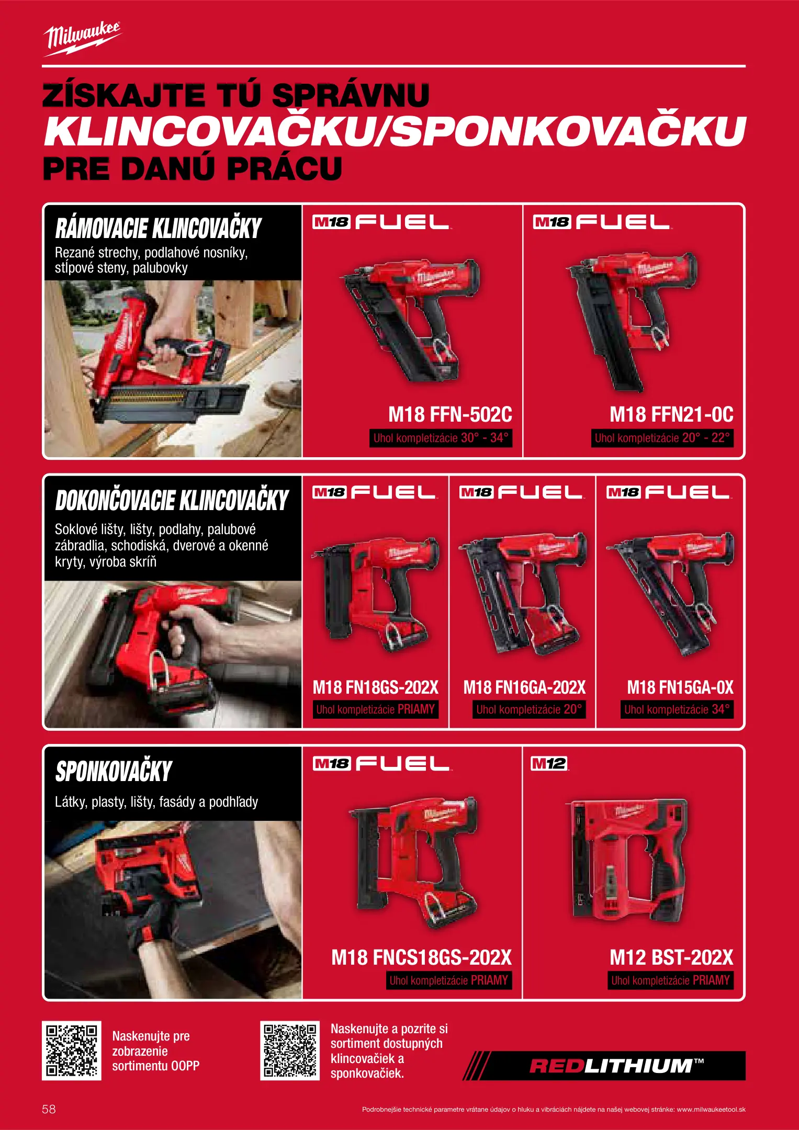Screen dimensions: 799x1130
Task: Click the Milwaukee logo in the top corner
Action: click(82, 39)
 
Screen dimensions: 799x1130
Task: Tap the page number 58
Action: click(49, 1109)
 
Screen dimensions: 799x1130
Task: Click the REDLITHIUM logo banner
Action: click(604, 1066)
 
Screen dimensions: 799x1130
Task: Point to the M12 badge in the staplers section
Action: click(549, 764)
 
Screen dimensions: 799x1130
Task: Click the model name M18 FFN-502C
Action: click(450, 415)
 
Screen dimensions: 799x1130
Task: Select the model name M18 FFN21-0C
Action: click(671, 415)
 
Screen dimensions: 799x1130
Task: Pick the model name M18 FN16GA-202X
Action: click(524, 687)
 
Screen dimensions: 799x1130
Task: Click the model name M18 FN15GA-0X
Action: click(680, 687)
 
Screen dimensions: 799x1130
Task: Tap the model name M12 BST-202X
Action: click(671, 957)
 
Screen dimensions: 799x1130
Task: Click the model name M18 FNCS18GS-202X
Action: click(422, 957)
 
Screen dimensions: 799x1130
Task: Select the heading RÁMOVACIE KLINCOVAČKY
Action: click(158, 228)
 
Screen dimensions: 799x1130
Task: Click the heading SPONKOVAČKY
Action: click(114, 771)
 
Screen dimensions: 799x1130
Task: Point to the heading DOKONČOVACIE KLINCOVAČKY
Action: click(172, 500)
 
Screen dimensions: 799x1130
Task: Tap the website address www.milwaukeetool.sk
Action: click(711, 1109)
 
